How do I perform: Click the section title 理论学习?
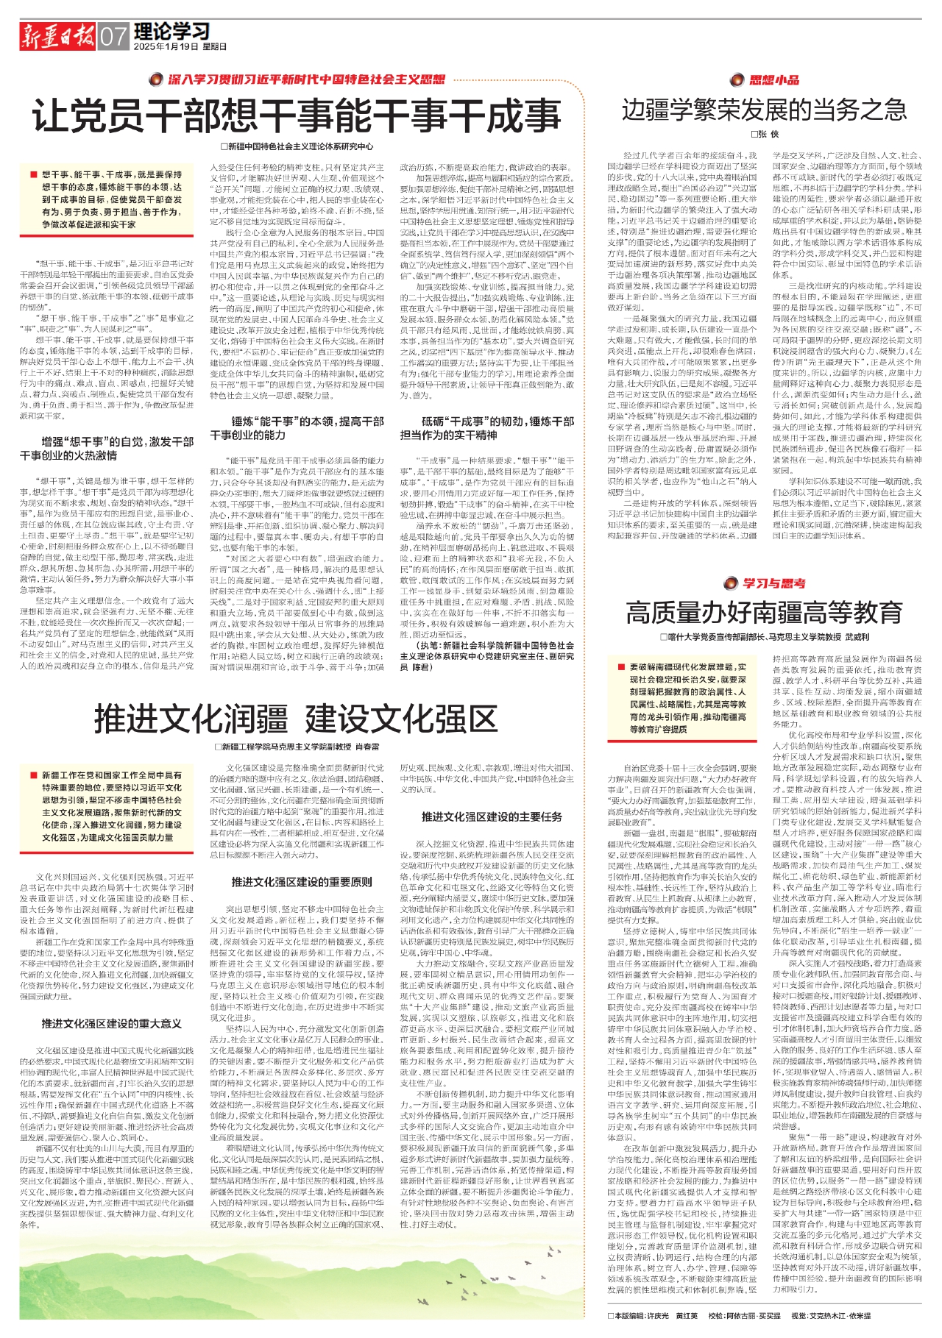coord(171,31)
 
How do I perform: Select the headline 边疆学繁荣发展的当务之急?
coord(764,110)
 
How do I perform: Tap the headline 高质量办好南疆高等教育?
coord(764,612)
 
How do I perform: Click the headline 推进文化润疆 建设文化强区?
coord(297,719)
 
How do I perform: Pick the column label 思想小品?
coord(773,79)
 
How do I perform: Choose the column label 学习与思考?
coord(773,583)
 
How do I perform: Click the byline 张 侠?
coord(765,134)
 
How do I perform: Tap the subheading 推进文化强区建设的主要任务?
coord(492,816)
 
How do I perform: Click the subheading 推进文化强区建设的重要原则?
coord(302,881)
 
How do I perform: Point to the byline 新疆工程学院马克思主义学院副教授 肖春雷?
coord(297,747)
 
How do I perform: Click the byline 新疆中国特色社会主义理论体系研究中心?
coord(297,146)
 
